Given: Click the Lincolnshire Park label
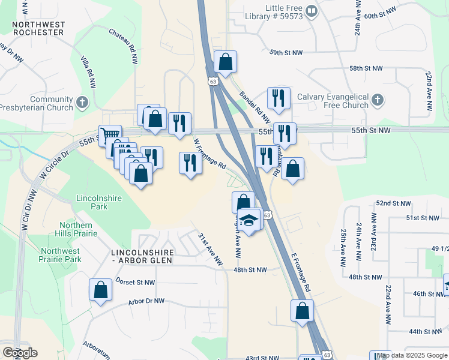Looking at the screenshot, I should (92, 202).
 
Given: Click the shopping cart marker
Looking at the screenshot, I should (110, 135).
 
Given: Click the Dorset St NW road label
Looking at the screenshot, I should (135, 282).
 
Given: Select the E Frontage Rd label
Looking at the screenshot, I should (301, 271).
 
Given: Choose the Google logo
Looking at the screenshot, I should (20, 353).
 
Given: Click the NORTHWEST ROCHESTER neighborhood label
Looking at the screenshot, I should (38, 28).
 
